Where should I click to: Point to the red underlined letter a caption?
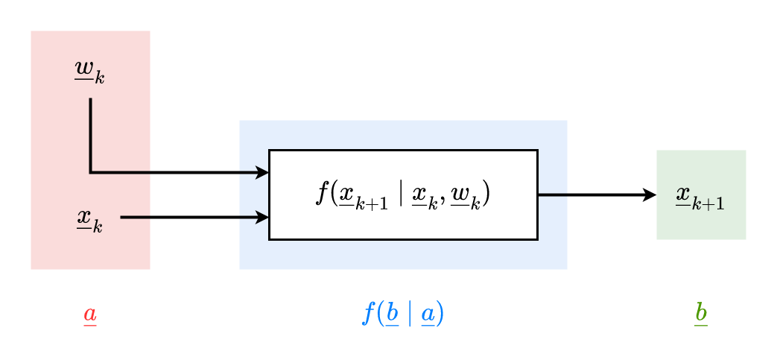(x=89, y=315)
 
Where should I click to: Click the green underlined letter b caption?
(x=700, y=313)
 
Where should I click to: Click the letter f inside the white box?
(x=323, y=194)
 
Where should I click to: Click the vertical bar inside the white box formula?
(x=401, y=195)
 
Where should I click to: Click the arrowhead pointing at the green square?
(x=650, y=195)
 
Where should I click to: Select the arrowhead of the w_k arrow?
(x=262, y=173)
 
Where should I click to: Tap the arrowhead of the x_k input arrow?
(x=262, y=218)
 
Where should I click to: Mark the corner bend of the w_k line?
(x=91, y=173)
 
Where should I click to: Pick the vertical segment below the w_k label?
(x=91, y=134)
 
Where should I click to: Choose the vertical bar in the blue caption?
(x=409, y=314)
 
